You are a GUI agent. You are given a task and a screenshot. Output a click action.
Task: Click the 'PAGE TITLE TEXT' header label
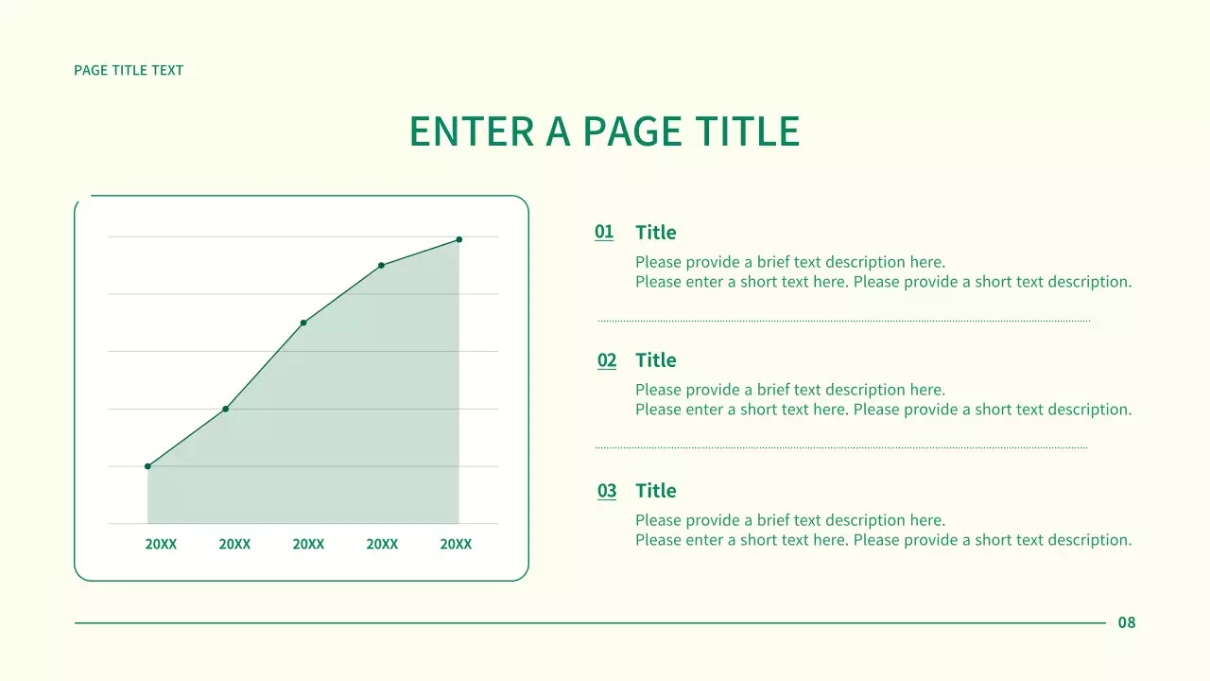pyautogui.click(x=129, y=70)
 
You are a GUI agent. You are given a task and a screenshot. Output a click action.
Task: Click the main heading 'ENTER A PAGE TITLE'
pyautogui.click(x=604, y=131)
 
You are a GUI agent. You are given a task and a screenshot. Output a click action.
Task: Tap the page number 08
pyautogui.click(x=1127, y=622)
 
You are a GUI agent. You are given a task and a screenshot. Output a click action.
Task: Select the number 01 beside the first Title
pyautogui.click(x=604, y=232)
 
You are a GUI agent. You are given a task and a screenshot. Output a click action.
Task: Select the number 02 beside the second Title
pyautogui.click(x=607, y=360)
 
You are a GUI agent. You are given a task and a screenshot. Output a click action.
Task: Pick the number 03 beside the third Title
pyautogui.click(x=607, y=491)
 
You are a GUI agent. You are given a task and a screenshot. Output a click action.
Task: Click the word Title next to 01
pyautogui.click(x=656, y=233)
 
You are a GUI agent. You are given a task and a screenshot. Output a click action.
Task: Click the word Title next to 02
pyautogui.click(x=656, y=360)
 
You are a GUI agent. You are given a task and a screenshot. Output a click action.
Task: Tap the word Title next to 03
pyautogui.click(x=656, y=491)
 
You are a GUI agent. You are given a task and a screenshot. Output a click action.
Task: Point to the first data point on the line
pyautogui.click(x=147, y=466)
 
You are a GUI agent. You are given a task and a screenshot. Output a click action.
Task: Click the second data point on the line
pyautogui.click(x=225, y=409)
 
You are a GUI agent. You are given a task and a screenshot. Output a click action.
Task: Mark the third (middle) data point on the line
pyautogui.click(x=303, y=323)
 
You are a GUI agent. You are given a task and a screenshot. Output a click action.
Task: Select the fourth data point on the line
pyautogui.click(x=381, y=265)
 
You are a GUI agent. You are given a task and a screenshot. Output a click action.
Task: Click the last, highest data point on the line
pyautogui.click(x=459, y=239)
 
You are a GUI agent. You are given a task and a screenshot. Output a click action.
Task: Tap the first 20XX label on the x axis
pyautogui.click(x=161, y=545)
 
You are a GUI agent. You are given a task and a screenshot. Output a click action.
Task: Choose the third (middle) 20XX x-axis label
pyautogui.click(x=308, y=545)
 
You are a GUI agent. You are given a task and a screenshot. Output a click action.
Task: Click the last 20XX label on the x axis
pyautogui.click(x=456, y=545)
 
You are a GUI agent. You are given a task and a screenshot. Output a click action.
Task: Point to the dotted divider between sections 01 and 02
pyautogui.click(x=843, y=321)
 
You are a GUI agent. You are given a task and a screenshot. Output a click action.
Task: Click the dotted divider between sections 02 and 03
pyautogui.click(x=841, y=447)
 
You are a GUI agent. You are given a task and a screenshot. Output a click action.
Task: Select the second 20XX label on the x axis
pyautogui.click(x=234, y=545)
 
